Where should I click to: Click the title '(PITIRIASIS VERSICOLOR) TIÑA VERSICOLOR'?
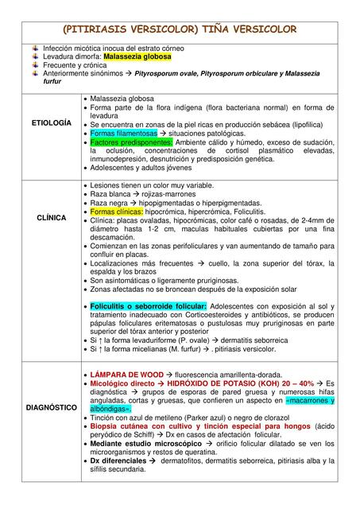(180, 29)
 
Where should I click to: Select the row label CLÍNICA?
(51, 217)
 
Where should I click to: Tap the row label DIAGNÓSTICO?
(51, 407)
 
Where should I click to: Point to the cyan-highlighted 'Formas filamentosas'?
(124, 134)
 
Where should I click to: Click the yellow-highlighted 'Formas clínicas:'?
(116, 212)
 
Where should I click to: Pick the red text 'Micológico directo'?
(122, 383)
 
